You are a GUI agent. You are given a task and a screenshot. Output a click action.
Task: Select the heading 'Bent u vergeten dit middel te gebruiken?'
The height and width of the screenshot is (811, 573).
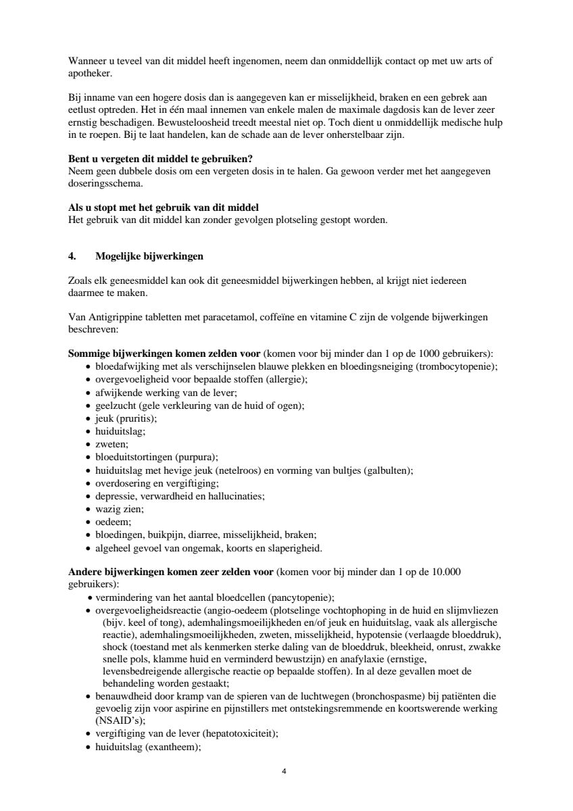click(161, 159)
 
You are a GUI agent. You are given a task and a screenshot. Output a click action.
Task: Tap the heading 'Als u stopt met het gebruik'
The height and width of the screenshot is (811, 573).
click(164, 207)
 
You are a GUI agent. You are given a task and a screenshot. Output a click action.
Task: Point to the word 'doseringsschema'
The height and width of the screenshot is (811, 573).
click(101, 183)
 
